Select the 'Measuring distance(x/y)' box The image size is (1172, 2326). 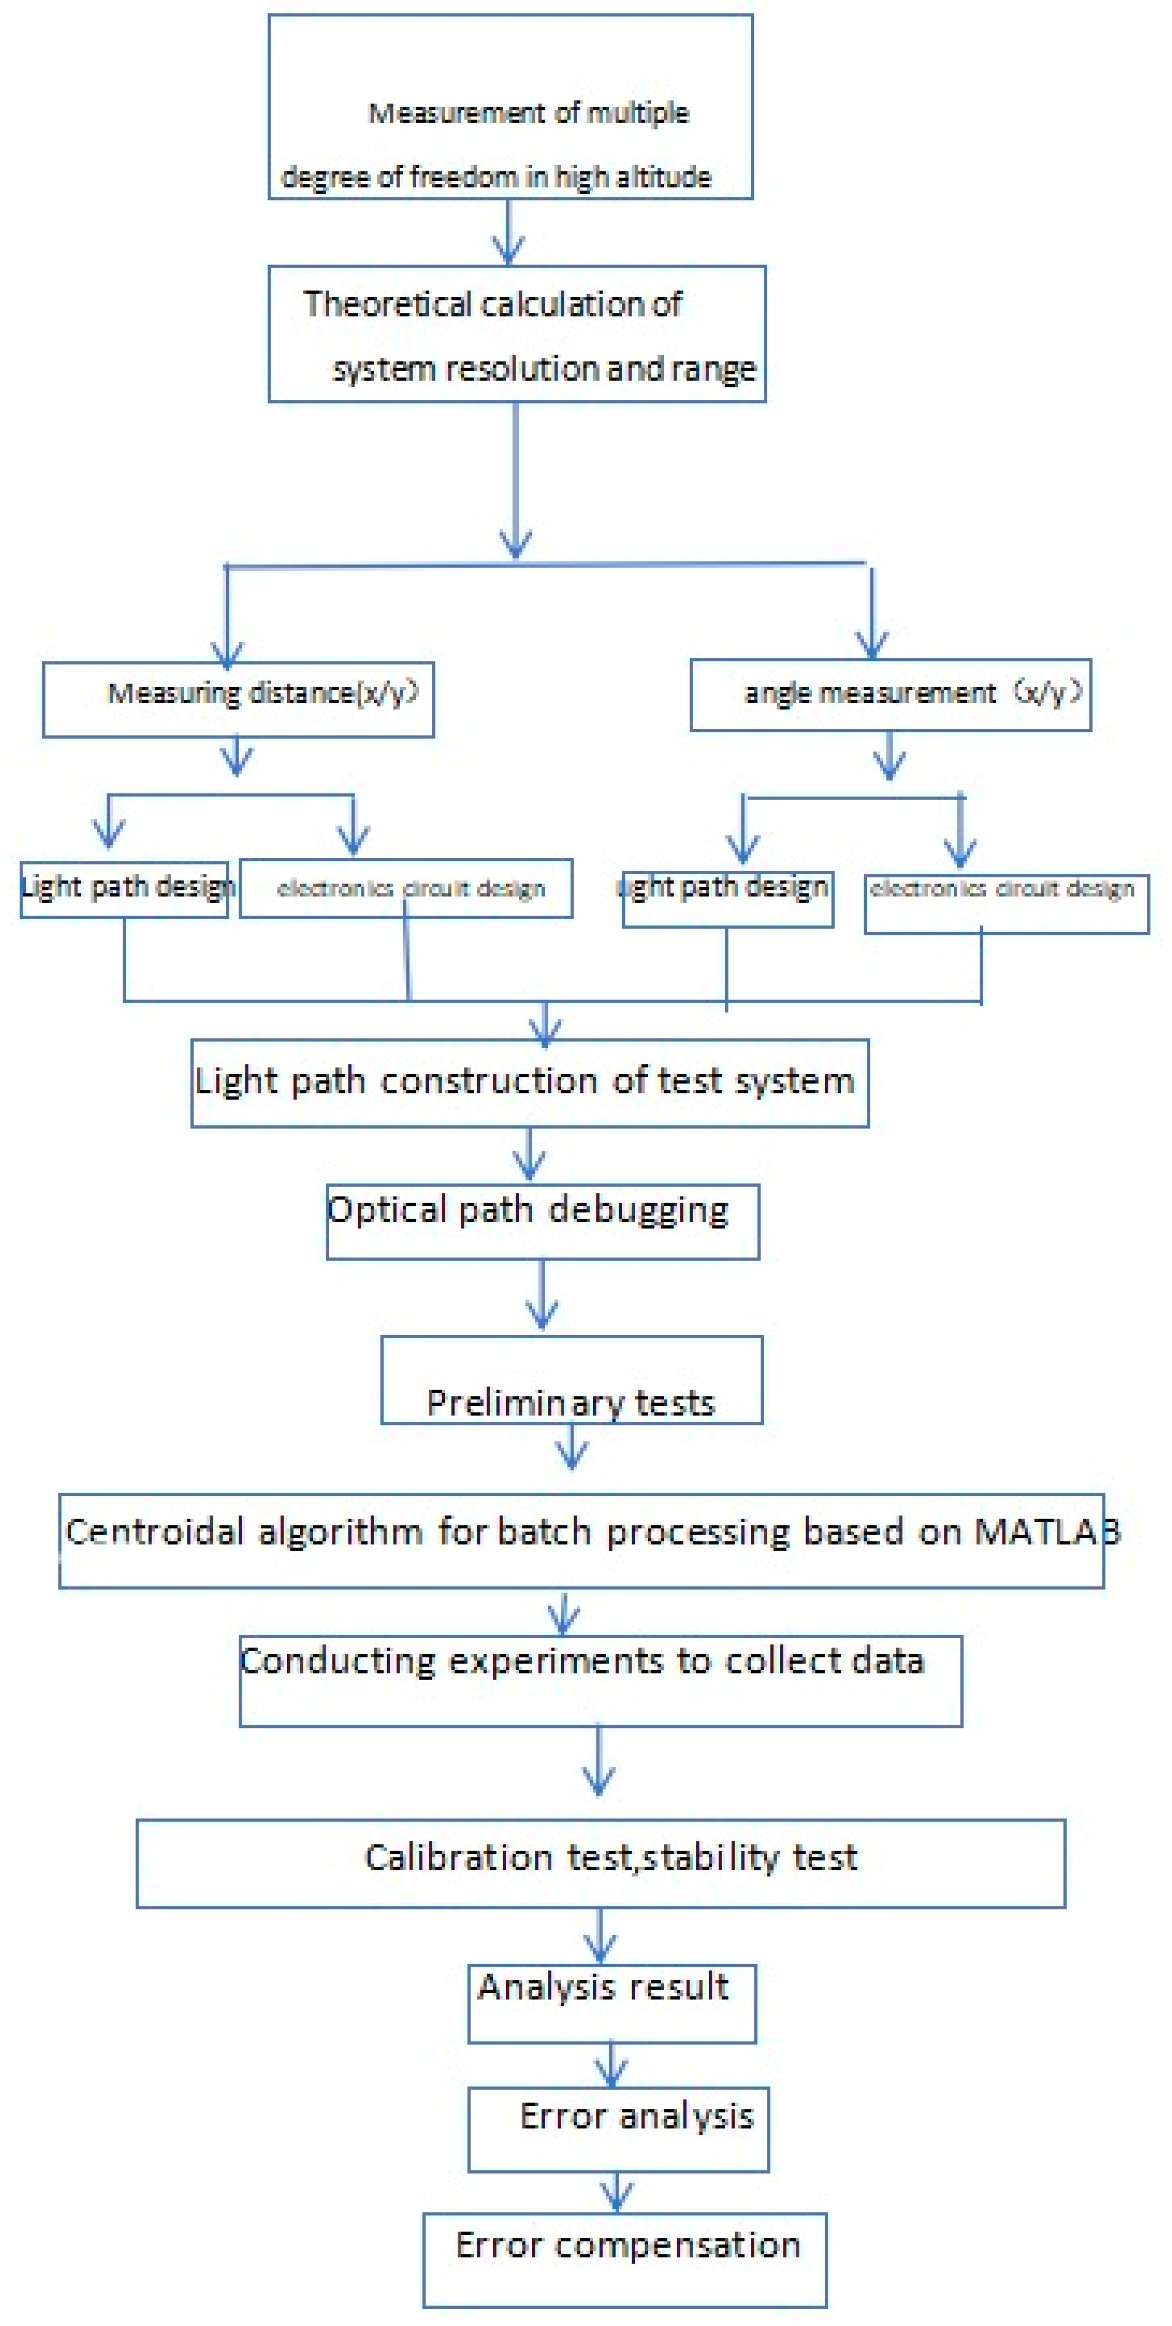click(x=239, y=700)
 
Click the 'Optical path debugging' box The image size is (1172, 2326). click(x=542, y=1222)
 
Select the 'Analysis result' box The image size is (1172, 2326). click(x=611, y=2003)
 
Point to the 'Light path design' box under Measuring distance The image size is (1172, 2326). click(x=124, y=889)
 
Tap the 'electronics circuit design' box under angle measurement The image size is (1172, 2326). click(x=1006, y=903)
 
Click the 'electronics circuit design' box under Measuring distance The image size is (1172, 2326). click(x=406, y=889)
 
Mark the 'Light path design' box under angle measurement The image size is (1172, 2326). click(x=727, y=899)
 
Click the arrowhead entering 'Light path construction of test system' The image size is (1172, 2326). click(x=544, y=1029)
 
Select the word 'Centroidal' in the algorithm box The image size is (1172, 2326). click(x=155, y=1532)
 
